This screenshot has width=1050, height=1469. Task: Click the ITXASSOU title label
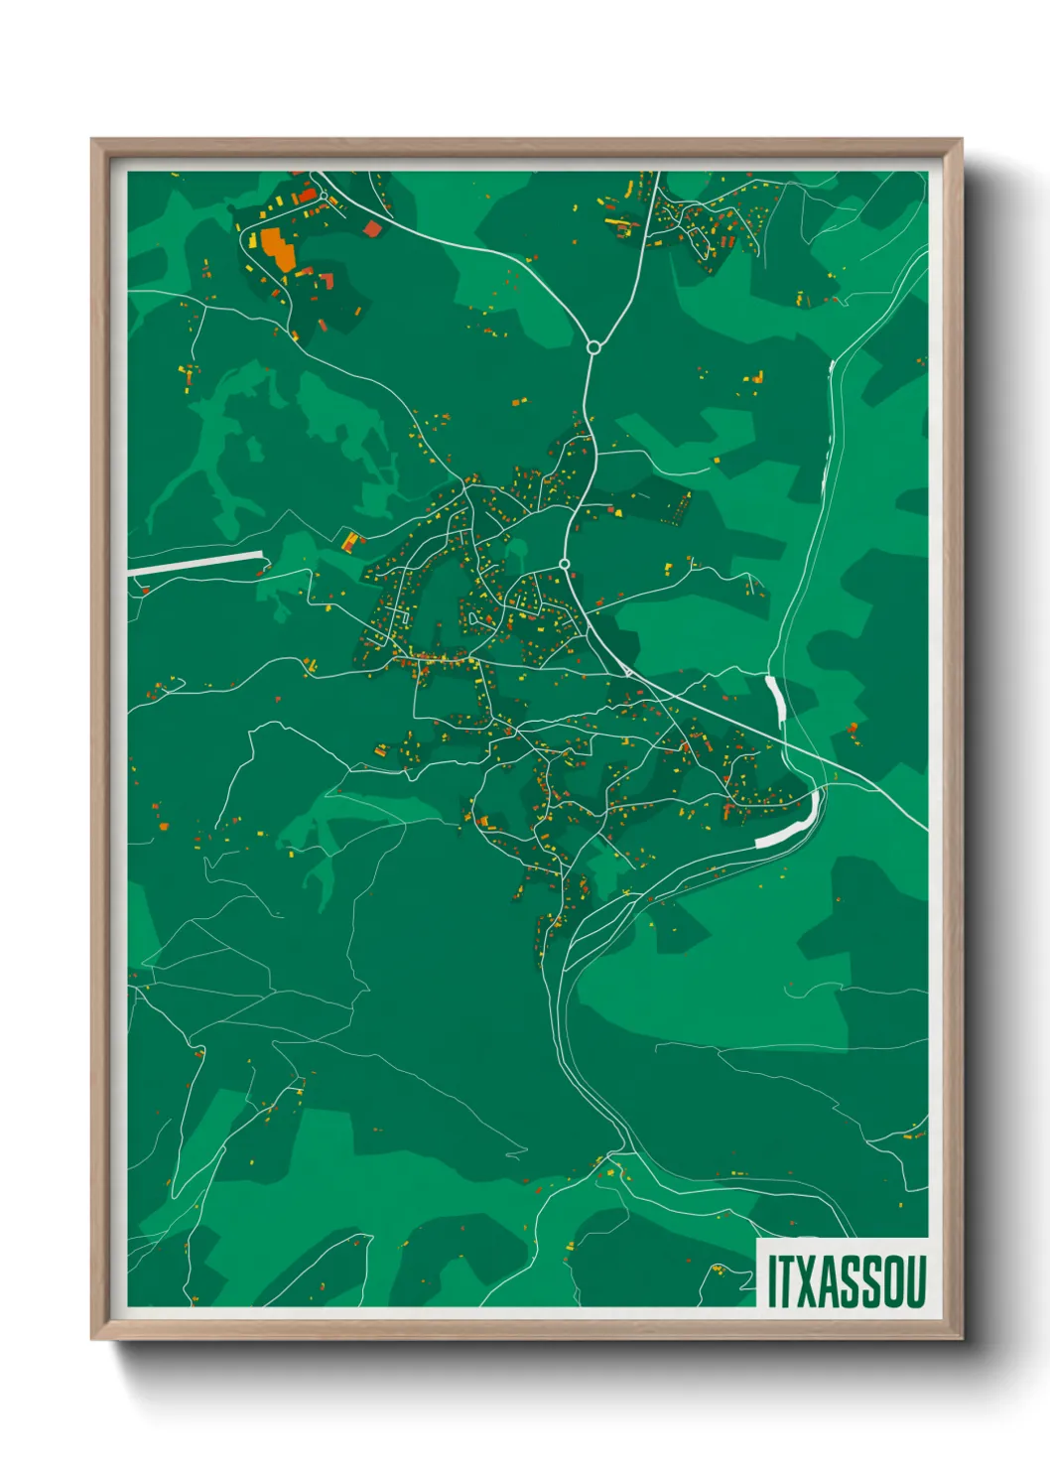tap(846, 1280)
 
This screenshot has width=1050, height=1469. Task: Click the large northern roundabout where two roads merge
tap(593, 347)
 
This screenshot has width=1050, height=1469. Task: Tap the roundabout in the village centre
tap(564, 564)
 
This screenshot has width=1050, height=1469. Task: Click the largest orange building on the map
tap(278, 249)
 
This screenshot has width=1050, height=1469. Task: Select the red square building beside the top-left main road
tap(372, 229)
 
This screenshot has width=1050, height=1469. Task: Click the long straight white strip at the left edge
tap(196, 563)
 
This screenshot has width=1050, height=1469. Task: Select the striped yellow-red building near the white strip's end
tap(349, 541)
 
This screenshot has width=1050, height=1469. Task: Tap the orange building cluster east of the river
tap(852, 730)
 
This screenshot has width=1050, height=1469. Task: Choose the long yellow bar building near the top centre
tap(614, 220)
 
